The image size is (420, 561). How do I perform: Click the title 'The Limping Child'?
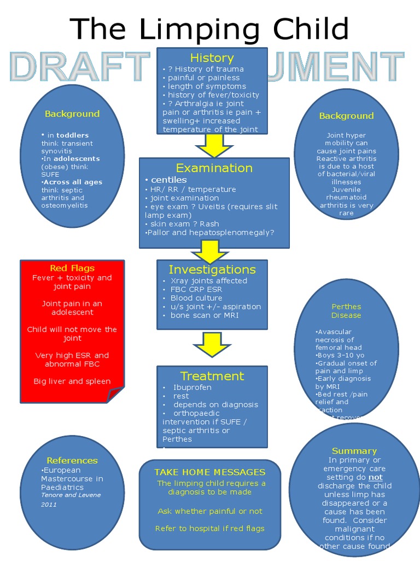pyautogui.click(x=209, y=28)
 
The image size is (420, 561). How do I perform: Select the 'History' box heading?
pyautogui.click(x=212, y=58)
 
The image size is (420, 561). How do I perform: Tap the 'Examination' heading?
pyautogui.click(x=214, y=168)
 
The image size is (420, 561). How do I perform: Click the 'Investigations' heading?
pyautogui.click(x=212, y=270)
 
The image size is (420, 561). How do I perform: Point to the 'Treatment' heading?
pyautogui.click(x=212, y=376)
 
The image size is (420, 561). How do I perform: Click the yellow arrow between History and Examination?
pyautogui.click(x=214, y=146)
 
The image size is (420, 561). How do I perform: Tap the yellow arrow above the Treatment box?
pyautogui.click(x=212, y=344)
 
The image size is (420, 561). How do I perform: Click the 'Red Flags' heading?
pyautogui.click(x=72, y=268)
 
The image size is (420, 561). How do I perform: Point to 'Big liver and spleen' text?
pyautogui.click(x=72, y=381)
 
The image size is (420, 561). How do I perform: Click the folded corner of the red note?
pyautogui.click(x=116, y=393)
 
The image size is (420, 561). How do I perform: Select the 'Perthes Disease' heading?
pyautogui.click(x=346, y=311)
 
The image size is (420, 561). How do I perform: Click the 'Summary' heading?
pyautogui.click(x=354, y=451)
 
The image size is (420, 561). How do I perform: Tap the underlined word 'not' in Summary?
pyautogui.click(x=376, y=477)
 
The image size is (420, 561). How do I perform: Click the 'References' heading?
pyautogui.click(x=72, y=461)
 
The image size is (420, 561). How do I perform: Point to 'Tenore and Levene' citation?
pyautogui.click(x=71, y=495)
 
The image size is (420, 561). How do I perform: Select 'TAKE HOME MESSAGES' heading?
pyautogui.click(x=210, y=472)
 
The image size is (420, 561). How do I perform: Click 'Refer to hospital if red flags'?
pyautogui.click(x=210, y=529)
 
